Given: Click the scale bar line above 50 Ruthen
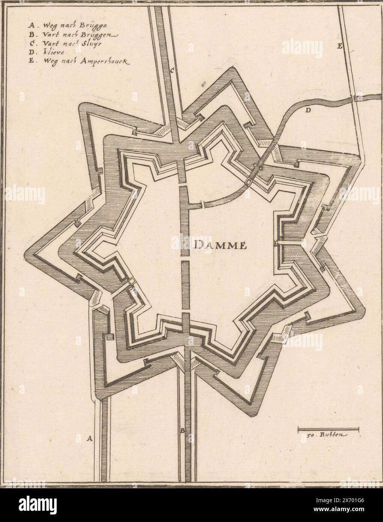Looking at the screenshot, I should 328,428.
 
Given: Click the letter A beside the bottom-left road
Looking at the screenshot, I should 89,438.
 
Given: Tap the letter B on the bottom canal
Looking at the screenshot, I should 182,431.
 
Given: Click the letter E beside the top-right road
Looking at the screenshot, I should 339,47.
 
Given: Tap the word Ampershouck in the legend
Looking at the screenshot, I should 105,61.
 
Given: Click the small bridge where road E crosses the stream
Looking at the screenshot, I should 355,99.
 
